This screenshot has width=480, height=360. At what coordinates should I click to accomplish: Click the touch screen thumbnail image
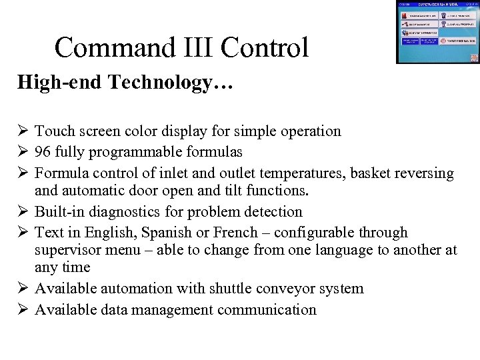click(437, 32)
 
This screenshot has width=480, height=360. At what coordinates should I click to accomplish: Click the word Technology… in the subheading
click(166, 83)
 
